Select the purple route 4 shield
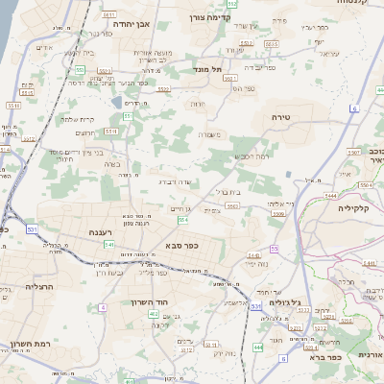(101, 307)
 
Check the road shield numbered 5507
(353, 152)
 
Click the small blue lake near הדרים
(116, 101)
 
